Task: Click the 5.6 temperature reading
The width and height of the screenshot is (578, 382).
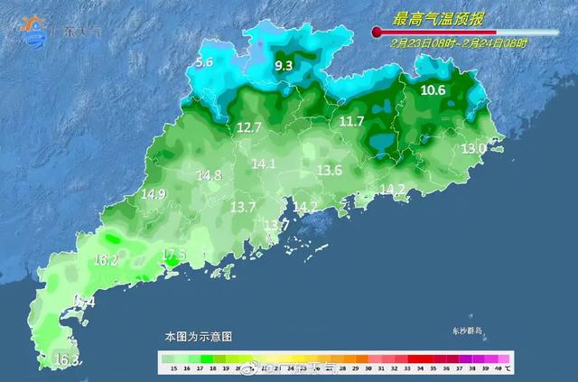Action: click(204, 62)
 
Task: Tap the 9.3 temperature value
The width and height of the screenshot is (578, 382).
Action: click(284, 66)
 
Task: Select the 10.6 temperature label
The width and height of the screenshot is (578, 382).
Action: click(433, 89)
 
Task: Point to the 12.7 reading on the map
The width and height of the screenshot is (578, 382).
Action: click(248, 128)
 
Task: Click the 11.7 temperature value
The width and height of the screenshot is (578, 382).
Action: click(351, 121)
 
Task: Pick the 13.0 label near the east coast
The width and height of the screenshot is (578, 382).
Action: click(473, 148)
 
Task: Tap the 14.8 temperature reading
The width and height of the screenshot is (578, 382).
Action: click(209, 175)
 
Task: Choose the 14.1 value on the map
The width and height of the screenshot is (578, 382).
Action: click(264, 164)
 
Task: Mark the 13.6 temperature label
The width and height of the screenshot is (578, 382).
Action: click(330, 171)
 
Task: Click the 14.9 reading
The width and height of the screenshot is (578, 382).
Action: click(154, 194)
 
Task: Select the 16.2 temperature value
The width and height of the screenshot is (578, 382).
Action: click(106, 260)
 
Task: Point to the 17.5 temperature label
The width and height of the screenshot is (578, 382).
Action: click(173, 255)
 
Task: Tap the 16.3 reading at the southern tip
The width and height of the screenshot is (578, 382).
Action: click(67, 360)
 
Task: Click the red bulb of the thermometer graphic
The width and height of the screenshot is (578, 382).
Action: click(376, 33)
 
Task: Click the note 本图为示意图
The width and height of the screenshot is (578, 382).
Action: click(198, 335)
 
